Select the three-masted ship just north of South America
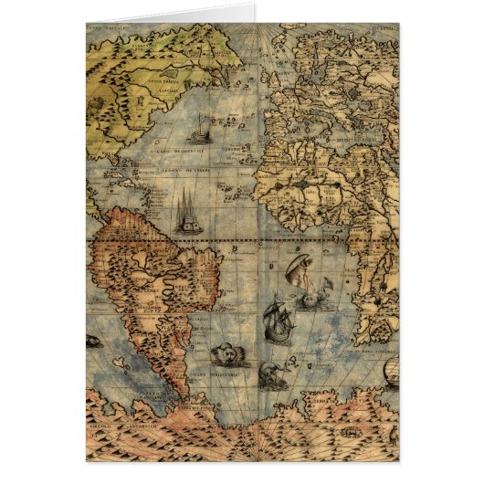click(x=186, y=212)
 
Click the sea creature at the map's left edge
click(x=93, y=342)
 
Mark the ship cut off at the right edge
click(x=391, y=371)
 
